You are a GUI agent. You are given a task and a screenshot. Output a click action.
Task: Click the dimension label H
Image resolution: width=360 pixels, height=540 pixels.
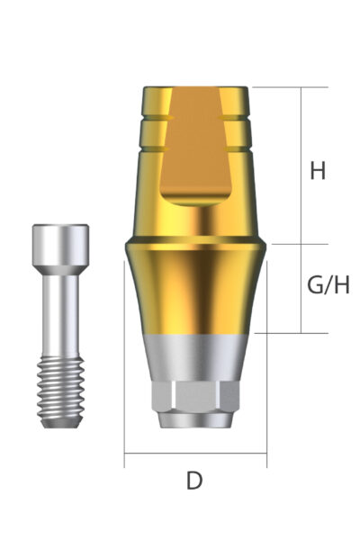tap(317, 170)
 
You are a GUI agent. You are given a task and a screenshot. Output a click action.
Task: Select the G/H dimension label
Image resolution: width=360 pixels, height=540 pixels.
tap(328, 286)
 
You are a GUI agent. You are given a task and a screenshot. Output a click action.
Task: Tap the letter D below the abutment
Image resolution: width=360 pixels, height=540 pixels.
tap(194, 481)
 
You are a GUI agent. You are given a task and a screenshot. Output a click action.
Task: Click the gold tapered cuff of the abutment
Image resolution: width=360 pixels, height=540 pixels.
tap(195, 288)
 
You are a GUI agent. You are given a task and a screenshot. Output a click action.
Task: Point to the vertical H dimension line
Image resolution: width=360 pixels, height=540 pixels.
tap(300, 166)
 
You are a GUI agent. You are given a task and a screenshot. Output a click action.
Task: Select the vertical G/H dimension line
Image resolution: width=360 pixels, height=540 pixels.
tap(300, 288)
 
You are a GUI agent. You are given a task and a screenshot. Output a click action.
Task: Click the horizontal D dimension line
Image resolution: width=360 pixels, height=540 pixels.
tap(195, 454)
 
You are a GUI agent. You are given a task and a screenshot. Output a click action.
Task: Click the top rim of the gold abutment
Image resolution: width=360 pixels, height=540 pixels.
tap(195, 89)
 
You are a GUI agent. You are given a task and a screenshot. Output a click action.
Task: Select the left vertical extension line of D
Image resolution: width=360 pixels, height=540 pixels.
tap(124, 360)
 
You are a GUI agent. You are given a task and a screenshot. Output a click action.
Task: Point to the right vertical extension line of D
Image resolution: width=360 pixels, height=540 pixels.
tap(266, 360)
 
